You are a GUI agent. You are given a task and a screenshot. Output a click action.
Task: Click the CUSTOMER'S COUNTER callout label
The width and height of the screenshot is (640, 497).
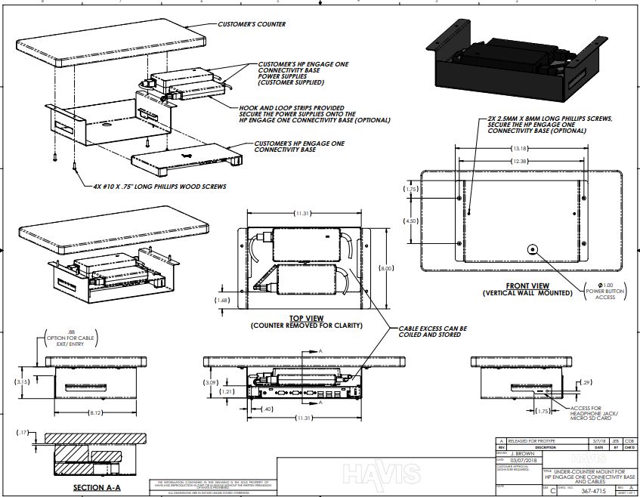coord(252,24)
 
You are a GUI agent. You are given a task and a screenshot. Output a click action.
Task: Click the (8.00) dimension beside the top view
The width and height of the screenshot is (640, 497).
coord(385,268)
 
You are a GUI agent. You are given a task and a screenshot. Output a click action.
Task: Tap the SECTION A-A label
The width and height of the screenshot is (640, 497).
coord(96,488)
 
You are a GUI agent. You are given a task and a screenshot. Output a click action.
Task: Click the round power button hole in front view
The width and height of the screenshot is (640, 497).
coord(532,249)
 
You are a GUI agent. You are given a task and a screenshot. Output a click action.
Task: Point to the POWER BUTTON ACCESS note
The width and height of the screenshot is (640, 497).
coord(601,293)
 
